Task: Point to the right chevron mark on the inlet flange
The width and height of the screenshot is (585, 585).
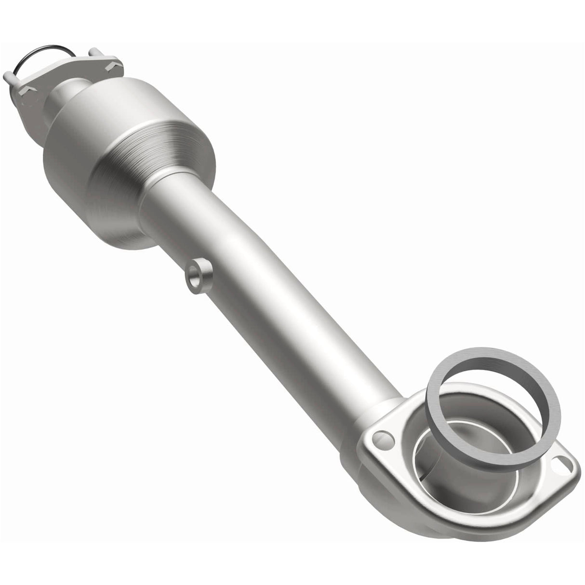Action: tap(112, 63)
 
